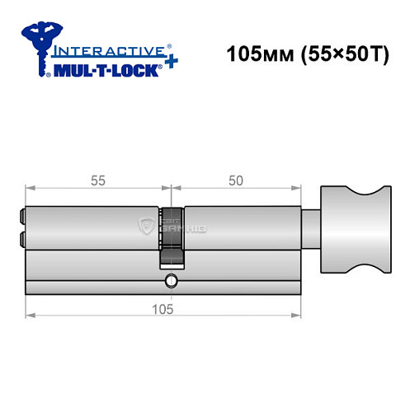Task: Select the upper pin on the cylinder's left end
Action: coord(21,217)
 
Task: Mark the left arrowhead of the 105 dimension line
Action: coord(29,316)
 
